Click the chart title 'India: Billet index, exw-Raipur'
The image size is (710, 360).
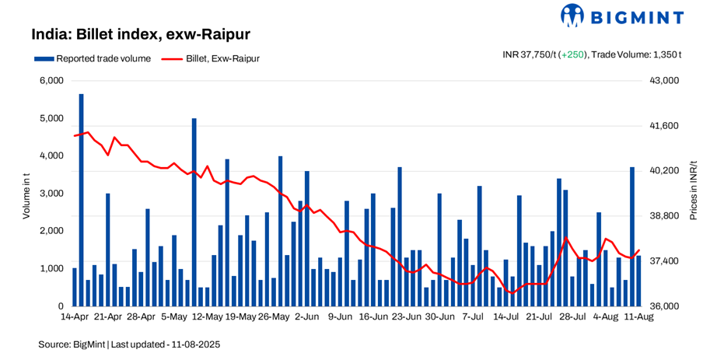[140, 34]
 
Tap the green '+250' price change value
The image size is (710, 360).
[573, 54]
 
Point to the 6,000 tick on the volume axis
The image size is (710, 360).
[51, 81]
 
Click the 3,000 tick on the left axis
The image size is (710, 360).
[51, 194]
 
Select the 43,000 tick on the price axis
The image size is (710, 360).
[666, 81]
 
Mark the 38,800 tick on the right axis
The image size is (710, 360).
[666, 216]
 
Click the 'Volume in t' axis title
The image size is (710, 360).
[26, 194]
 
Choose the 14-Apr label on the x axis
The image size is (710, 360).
[75, 317]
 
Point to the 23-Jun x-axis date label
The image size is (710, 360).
[406, 317]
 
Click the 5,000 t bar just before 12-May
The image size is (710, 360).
[194, 212]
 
